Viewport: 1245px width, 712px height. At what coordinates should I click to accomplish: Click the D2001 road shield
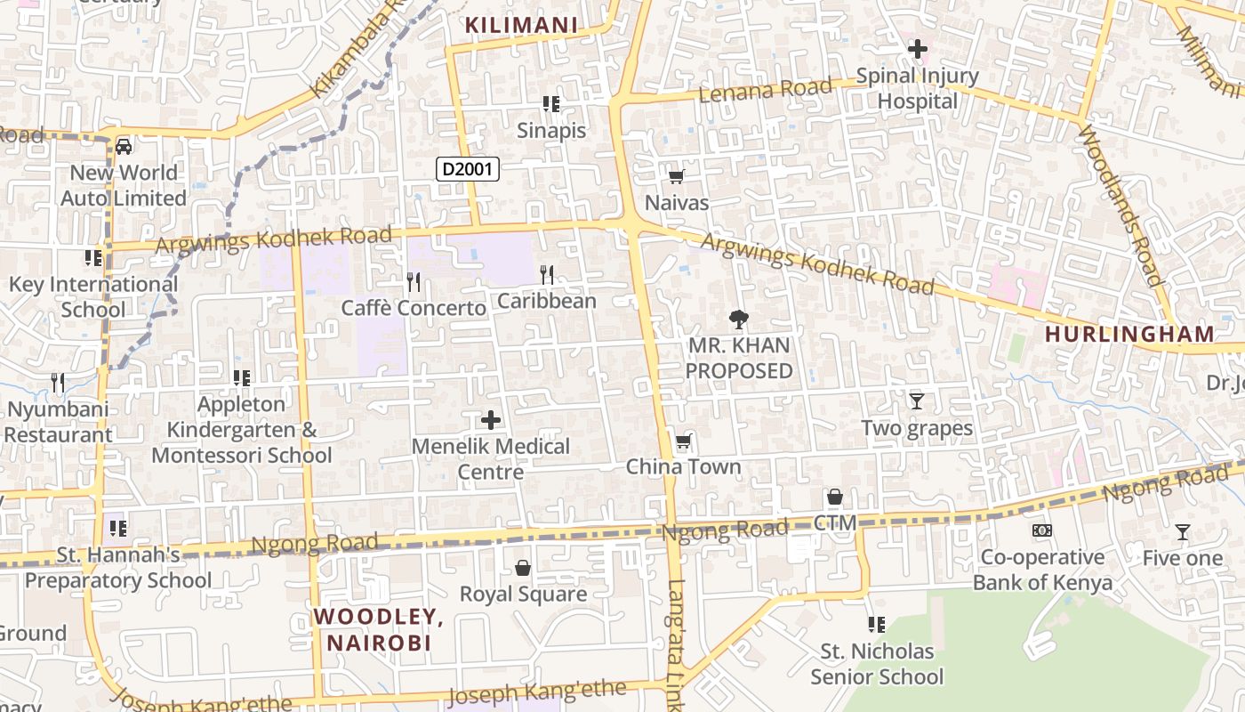pos(468,168)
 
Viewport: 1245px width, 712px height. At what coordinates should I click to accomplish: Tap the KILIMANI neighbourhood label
pos(522,25)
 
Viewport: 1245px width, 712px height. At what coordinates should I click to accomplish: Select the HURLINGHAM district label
pos(1129,335)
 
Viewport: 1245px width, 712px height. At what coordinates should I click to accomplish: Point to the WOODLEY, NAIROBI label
pos(378,629)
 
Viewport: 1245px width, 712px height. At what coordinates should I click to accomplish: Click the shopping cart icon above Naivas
pos(677,176)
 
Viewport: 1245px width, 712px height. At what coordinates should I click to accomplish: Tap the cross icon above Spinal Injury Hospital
pos(918,49)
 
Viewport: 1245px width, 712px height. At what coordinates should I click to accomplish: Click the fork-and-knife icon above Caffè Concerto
pos(414,282)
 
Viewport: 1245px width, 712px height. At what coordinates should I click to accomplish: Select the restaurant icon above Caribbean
pos(547,275)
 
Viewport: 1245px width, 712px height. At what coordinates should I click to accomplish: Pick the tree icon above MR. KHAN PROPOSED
pos(738,319)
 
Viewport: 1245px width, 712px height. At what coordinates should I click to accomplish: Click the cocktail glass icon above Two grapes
pos(917,401)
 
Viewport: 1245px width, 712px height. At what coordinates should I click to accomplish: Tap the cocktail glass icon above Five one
pos(1183,532)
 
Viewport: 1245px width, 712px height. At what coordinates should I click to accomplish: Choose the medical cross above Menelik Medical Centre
pos(491,420)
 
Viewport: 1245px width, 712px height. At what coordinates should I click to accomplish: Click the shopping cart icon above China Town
pos(683,441)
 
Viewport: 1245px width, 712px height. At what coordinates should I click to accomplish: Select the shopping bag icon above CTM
pos(835,497)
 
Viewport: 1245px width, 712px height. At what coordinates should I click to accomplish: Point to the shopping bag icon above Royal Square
pos(523,568)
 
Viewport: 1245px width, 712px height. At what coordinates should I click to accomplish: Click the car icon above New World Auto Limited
pos(124,146)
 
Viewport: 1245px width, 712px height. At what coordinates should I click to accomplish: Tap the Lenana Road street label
pos(765,89)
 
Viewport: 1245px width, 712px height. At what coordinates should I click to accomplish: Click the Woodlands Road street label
pos(1120,205)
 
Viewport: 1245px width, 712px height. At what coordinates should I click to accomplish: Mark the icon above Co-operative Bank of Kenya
pos(1042,530)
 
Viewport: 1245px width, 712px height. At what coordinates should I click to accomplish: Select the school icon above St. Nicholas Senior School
pos(877,625)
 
